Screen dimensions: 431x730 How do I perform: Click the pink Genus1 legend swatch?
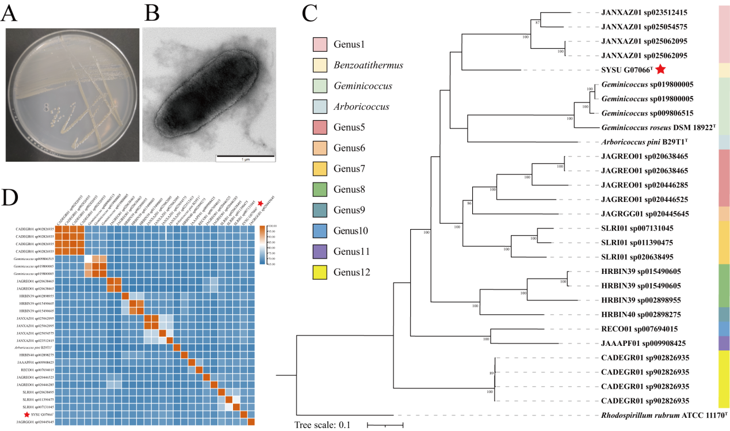[320, 44]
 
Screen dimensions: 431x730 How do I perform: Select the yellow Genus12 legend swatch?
[320, 272]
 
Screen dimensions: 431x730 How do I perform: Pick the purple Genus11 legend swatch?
[320, 251]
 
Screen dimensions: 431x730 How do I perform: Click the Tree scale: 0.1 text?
[323, 425]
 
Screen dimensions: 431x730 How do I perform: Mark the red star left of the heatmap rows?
[26, 414]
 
